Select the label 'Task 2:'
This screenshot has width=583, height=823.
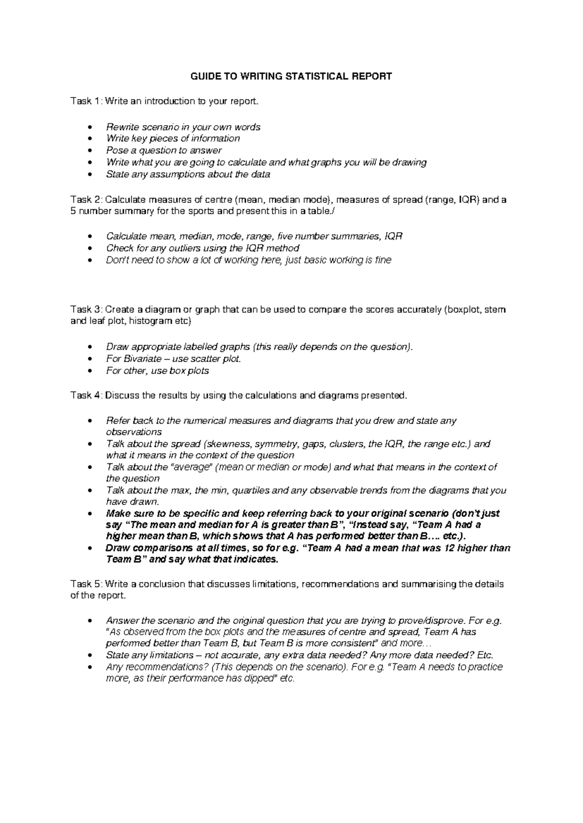coord(86,199)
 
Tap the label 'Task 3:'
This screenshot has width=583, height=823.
coord(86,310)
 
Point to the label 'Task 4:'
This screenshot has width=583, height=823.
coord(86,395)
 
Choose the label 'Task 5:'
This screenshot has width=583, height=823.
coord(86,584)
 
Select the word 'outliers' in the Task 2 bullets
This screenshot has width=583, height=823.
coord(174,248)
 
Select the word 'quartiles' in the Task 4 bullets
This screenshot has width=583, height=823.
coord(251,491)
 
